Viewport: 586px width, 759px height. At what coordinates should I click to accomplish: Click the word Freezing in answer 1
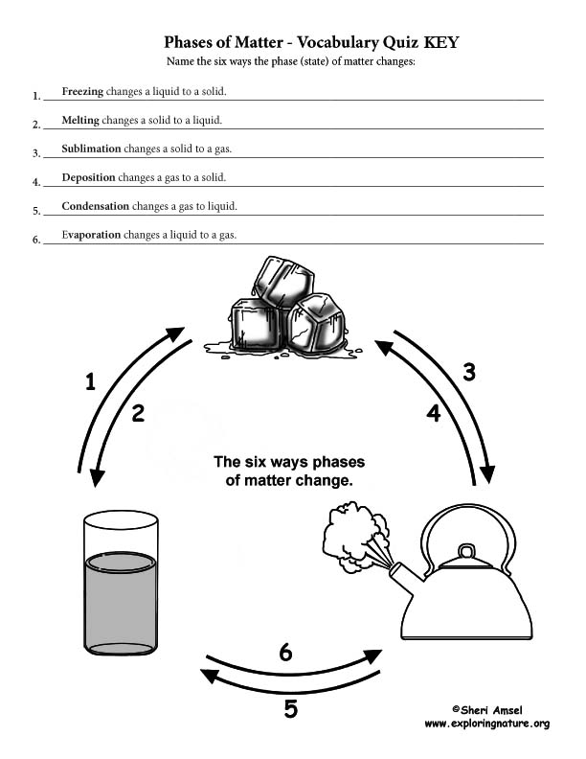tap(82, 91)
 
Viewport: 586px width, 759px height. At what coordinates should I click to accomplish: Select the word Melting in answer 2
tap(80, 120)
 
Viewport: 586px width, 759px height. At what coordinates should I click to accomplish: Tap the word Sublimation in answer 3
tap(91, 149)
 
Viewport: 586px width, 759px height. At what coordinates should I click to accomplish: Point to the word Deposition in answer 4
tap(88, 177)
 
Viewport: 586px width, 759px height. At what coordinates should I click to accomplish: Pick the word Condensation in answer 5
tap(95, 206)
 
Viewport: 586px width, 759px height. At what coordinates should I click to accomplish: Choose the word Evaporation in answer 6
tap(91, 235)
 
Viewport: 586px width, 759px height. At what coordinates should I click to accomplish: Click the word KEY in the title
tap(441, 42)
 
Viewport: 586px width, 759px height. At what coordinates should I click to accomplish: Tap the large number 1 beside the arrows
tap(90, 381)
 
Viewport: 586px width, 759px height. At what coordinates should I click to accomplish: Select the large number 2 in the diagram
tap(138, 413)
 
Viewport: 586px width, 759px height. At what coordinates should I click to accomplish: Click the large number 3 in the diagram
tap(469, 372)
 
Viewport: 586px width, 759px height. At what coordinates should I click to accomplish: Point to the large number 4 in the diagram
tap(434, 413)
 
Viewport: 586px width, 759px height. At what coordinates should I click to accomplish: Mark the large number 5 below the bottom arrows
tap(290, 709)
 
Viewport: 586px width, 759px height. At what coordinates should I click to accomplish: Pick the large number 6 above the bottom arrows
tap(285, 652)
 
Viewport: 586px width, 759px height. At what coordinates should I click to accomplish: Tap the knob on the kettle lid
tap(467, 551)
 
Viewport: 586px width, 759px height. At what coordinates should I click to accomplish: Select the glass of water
tap(121, 583)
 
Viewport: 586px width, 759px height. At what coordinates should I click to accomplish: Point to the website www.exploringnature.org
tap(486, 724)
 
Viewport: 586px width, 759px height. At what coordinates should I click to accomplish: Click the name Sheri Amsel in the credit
tap(491, 710)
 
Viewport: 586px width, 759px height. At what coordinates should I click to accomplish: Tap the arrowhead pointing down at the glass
tap(97, 477)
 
